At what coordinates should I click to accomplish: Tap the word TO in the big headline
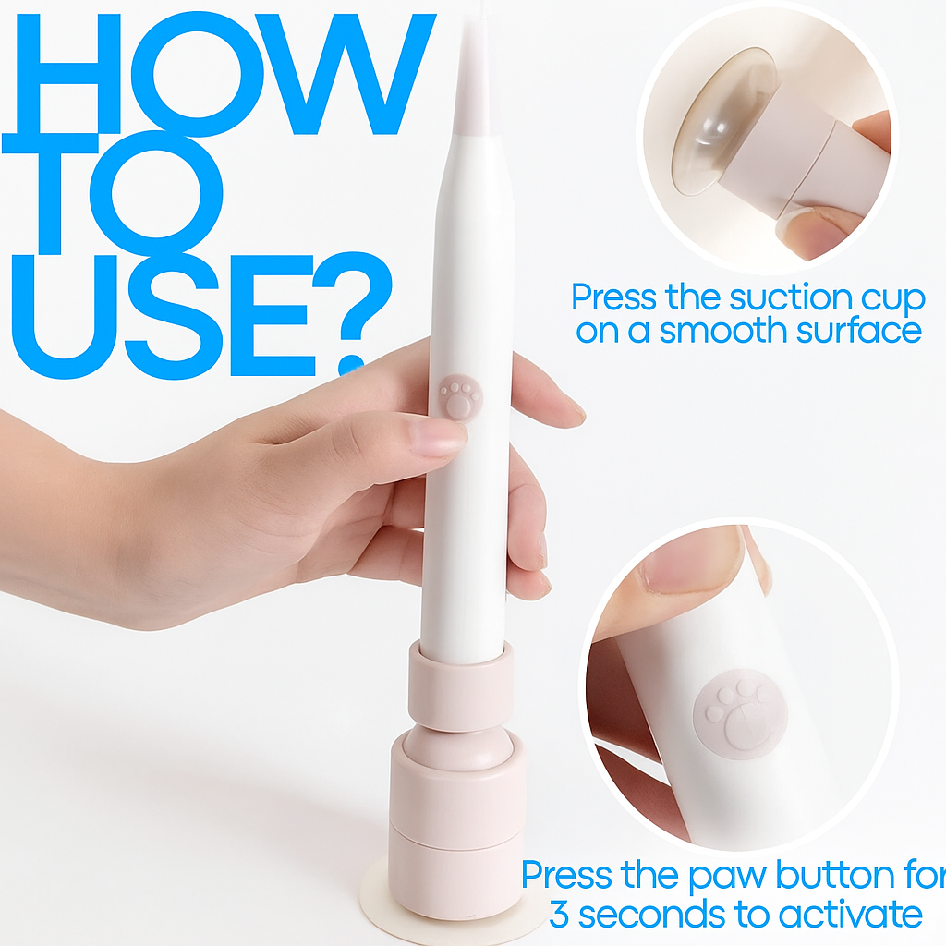click(113, 194)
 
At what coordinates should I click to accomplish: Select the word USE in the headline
click(164, 316)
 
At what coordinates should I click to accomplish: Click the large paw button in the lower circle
click(740, 714)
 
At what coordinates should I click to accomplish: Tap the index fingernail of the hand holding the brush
click(437, 437)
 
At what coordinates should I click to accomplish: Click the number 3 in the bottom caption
click(559, 915)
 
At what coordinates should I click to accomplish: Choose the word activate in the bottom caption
click(851, 915)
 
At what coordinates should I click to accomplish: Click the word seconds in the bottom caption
click(653, 915)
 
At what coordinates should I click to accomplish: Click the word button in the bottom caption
click(834, 875)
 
